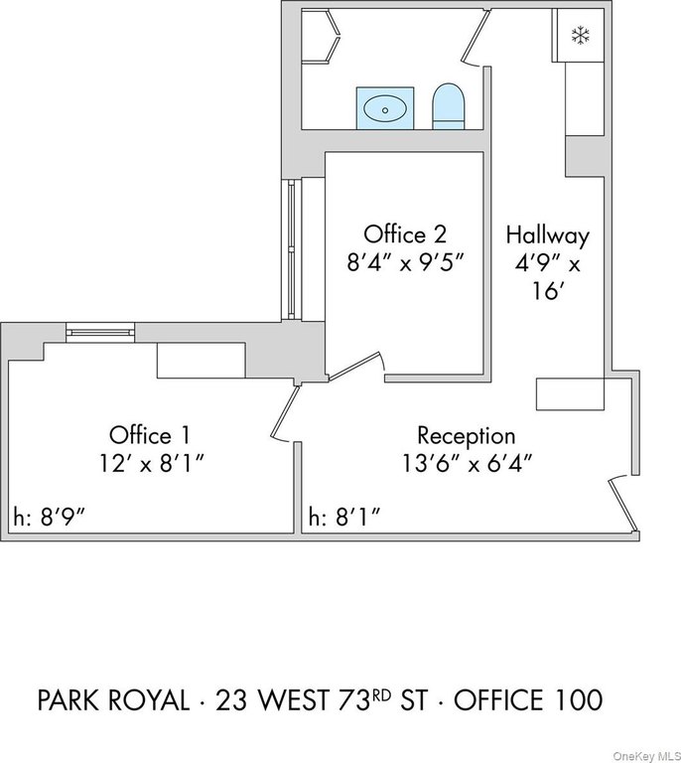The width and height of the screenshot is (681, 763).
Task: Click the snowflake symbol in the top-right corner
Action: coord(579,36)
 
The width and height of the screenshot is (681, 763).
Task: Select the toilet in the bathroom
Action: coord(449,106)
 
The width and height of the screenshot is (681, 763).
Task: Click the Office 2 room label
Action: coord(404,234)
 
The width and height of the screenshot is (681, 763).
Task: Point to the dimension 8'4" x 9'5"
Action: coord(404,263)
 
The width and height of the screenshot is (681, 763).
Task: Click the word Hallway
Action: coord(547,235)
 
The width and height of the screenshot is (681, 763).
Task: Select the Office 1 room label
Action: coord(150,434)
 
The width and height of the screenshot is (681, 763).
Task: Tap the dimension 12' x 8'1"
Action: coord(150,463)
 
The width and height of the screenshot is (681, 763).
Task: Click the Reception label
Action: coord(466,435)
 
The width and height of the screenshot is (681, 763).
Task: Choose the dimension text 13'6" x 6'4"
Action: coord(466,463)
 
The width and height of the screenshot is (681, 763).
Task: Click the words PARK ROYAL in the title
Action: coord(112,700)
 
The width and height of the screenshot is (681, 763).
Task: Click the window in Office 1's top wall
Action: coord(100,333)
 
